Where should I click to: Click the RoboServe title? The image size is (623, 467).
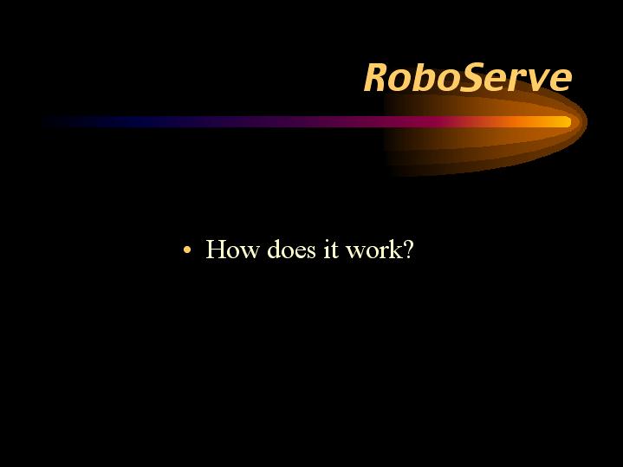coord(468,77)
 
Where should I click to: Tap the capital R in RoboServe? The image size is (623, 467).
coord(377,77)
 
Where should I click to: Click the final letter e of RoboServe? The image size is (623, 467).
coord(560,81)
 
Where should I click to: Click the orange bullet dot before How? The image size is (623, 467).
coord(187,250)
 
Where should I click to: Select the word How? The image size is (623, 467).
coord(232,250)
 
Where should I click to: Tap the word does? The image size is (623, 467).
coord(292,250)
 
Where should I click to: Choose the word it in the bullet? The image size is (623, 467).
coord(331,250)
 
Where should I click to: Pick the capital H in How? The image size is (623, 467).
coord(216,250)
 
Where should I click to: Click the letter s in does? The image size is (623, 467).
coord(312,253)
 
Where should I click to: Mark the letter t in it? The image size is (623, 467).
coord(334,250)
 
